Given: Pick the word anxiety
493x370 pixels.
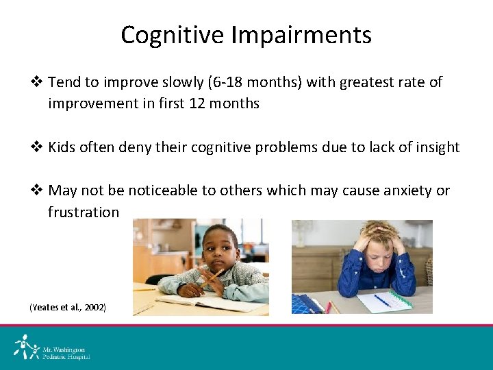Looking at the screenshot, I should pos(407,190).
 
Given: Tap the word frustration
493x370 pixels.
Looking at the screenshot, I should pos(83,212).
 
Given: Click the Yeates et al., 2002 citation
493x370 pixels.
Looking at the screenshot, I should pos(68,308).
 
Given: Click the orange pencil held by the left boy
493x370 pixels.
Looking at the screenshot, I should pos(212,277).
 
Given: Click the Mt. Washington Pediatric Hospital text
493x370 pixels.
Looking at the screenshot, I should pos(66,352).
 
